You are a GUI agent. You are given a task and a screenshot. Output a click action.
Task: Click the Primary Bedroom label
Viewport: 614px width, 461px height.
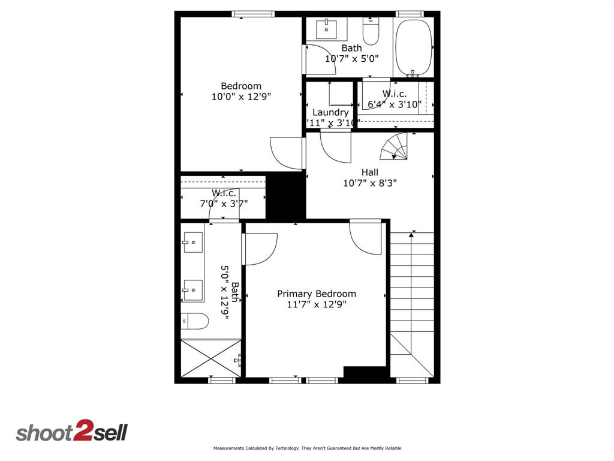[316, 294]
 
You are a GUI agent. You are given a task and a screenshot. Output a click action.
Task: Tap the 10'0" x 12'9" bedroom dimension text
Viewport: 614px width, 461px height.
[241, 97]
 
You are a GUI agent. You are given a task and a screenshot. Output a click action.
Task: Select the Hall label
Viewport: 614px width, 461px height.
[369, 172]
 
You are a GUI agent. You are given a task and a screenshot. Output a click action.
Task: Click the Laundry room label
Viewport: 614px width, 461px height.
[330, 112]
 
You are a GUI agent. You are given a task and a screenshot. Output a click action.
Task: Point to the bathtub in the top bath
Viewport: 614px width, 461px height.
[414, 47]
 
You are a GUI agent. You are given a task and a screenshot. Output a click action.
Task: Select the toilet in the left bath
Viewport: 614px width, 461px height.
[194, 321]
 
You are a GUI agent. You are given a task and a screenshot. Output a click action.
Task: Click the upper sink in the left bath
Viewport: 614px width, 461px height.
[193, 243]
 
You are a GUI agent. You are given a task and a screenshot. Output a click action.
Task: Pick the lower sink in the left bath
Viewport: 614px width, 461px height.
[193, 290]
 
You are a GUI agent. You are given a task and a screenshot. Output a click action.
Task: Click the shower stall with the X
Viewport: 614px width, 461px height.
[211, 358]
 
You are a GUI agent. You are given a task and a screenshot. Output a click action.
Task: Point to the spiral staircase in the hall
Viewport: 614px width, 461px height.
[396, 146]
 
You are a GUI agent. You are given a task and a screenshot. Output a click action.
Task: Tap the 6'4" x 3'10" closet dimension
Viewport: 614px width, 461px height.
[394, 104]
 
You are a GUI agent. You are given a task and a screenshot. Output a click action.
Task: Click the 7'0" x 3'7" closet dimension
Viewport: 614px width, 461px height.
[224, 203]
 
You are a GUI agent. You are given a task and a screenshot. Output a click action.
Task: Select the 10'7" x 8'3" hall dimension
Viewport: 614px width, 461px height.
[369, 183]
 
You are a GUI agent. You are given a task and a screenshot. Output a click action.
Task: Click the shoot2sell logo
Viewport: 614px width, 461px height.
[72, 432]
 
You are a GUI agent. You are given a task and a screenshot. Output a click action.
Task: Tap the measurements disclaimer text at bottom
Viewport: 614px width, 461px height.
[307, 448]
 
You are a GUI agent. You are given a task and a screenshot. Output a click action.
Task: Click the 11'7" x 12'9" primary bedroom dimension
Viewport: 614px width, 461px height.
[316, 304]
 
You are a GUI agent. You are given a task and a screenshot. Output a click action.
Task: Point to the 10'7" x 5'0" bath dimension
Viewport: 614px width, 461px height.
[352, 59]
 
